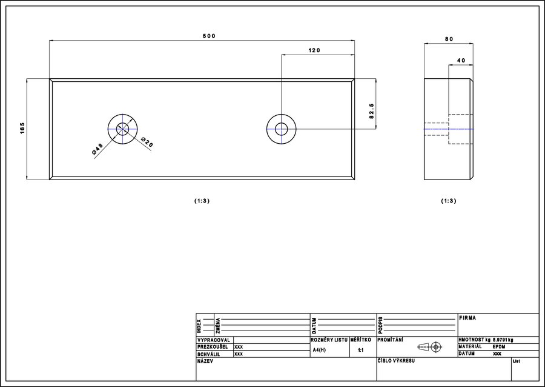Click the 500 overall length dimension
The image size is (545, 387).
coord(210,36)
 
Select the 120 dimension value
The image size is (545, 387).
coord(314,50)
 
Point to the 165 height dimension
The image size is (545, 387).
coord(22,128)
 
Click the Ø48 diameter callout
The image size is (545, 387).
coord(97,149)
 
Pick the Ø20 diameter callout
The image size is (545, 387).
coord(147,142)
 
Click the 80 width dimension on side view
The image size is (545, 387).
coord(449,39)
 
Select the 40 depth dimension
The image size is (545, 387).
coord(461,60)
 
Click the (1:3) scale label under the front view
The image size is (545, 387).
coord(202,201)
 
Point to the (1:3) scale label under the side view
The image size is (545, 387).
coord(448,201)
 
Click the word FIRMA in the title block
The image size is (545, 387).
coord(467,318)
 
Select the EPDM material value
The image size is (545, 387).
coord(499,346)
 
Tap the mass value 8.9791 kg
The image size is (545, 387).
coord(503,340)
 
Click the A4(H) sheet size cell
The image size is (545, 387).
coord(319,350)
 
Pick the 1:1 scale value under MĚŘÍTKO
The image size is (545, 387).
coord(361,350)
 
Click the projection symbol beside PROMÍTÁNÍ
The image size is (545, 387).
coord(429,346)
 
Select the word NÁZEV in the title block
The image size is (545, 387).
coord(205,362)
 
